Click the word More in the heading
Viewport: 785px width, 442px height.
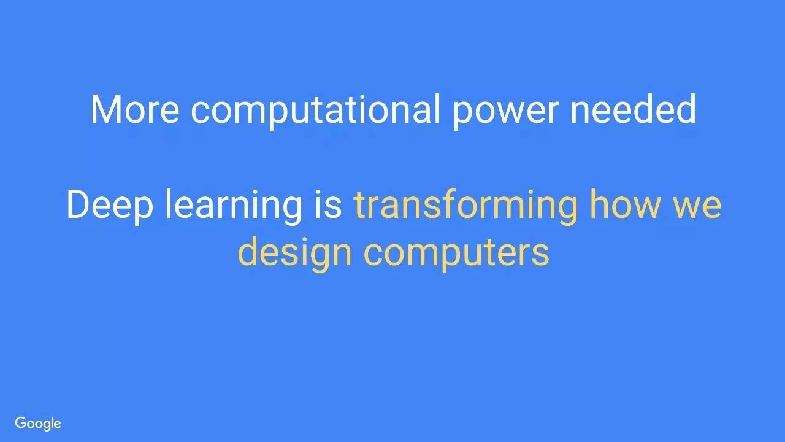tap(135, 109)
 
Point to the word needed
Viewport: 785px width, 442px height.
tap(634, 109)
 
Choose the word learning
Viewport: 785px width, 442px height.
tap(234, 206)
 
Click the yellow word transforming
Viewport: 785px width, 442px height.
tap(465, 206)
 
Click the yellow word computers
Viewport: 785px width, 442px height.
tap(456, 255)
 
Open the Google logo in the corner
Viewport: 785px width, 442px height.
tap(38, 424)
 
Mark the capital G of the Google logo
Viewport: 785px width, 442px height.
tap(20, 423)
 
